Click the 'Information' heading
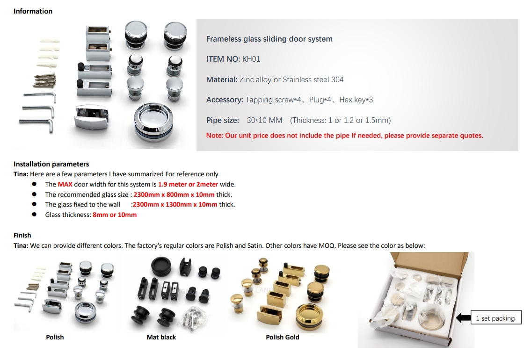(x=33, y=11)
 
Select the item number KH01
(x=251, y=59)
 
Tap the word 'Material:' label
(x=222, y=79)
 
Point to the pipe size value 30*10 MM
(x=264, y=120)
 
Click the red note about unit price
(x=345, y=136)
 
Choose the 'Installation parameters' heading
(x=51, y=164)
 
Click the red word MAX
(x=65, y=184)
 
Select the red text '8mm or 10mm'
(x=115, y=215)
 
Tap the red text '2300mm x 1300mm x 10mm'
(x=175, y=204)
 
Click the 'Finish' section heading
(x=22, y=235)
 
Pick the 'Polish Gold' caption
(x=283, y=337)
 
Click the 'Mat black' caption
(x=161, y=337)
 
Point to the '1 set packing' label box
(x=496, y=318)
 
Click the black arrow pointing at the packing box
(x=464, y=318)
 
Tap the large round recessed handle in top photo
(x=153, y=122)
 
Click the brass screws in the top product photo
(x=45, y=80)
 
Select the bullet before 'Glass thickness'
(x=34, y=215)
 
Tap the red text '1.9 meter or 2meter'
(x=188, y=184)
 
